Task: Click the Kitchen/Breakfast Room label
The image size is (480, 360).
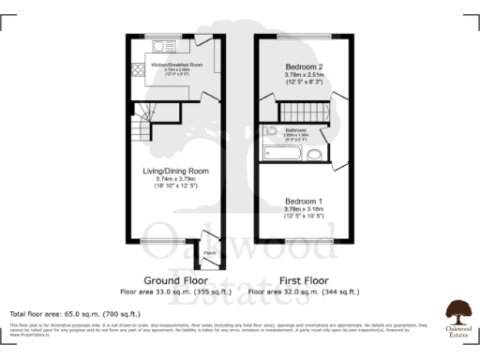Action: click(175, 64)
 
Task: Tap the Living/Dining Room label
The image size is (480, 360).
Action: click(175, 171)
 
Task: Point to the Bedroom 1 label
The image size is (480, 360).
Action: click(304, 202)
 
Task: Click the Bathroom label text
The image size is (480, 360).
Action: click(297, 130)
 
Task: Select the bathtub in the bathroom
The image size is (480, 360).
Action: click(282, 151)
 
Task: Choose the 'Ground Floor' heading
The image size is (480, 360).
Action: click(175, 280)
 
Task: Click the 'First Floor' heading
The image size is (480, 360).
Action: click(304, 280)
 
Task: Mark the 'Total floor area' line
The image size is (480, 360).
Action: click(75, 313)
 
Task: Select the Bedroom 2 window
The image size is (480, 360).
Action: click(304, 37)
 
